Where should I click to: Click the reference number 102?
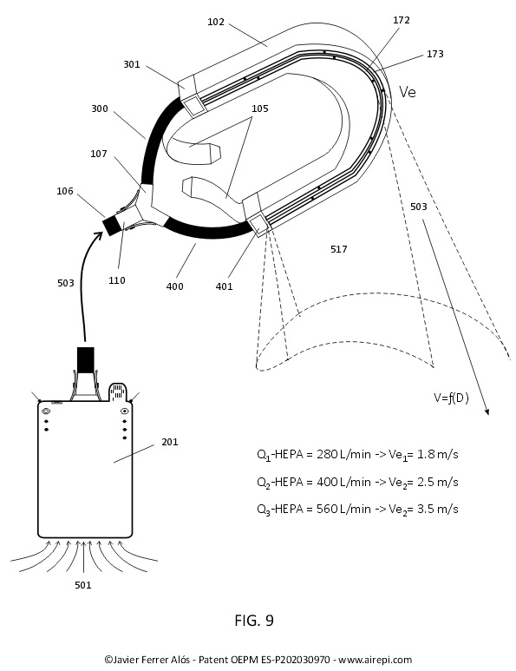click(x=215, y=22)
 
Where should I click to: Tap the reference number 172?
click(x=401, y=20)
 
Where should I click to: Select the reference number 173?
click(x=434, y=54)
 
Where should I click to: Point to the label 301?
click(x=132, y=64)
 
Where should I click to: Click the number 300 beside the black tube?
click(x=100, y=109)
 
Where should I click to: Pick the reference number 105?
click(x=260, y=109)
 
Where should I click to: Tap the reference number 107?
click(x=99, y=154)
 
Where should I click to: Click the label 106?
click(x=65, y=191)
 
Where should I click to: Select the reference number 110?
click(x=117, y=280)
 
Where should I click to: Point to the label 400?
click(x=174, y=286)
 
